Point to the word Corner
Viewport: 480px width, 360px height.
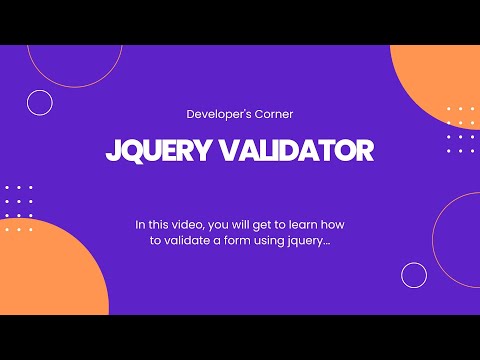pos(272,114)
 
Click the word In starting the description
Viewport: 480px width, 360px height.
pos(140,225)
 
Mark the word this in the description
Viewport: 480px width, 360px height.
pos(159,225)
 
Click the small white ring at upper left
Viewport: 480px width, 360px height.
pos(40,102)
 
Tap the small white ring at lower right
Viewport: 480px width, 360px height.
pos(414,275)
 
